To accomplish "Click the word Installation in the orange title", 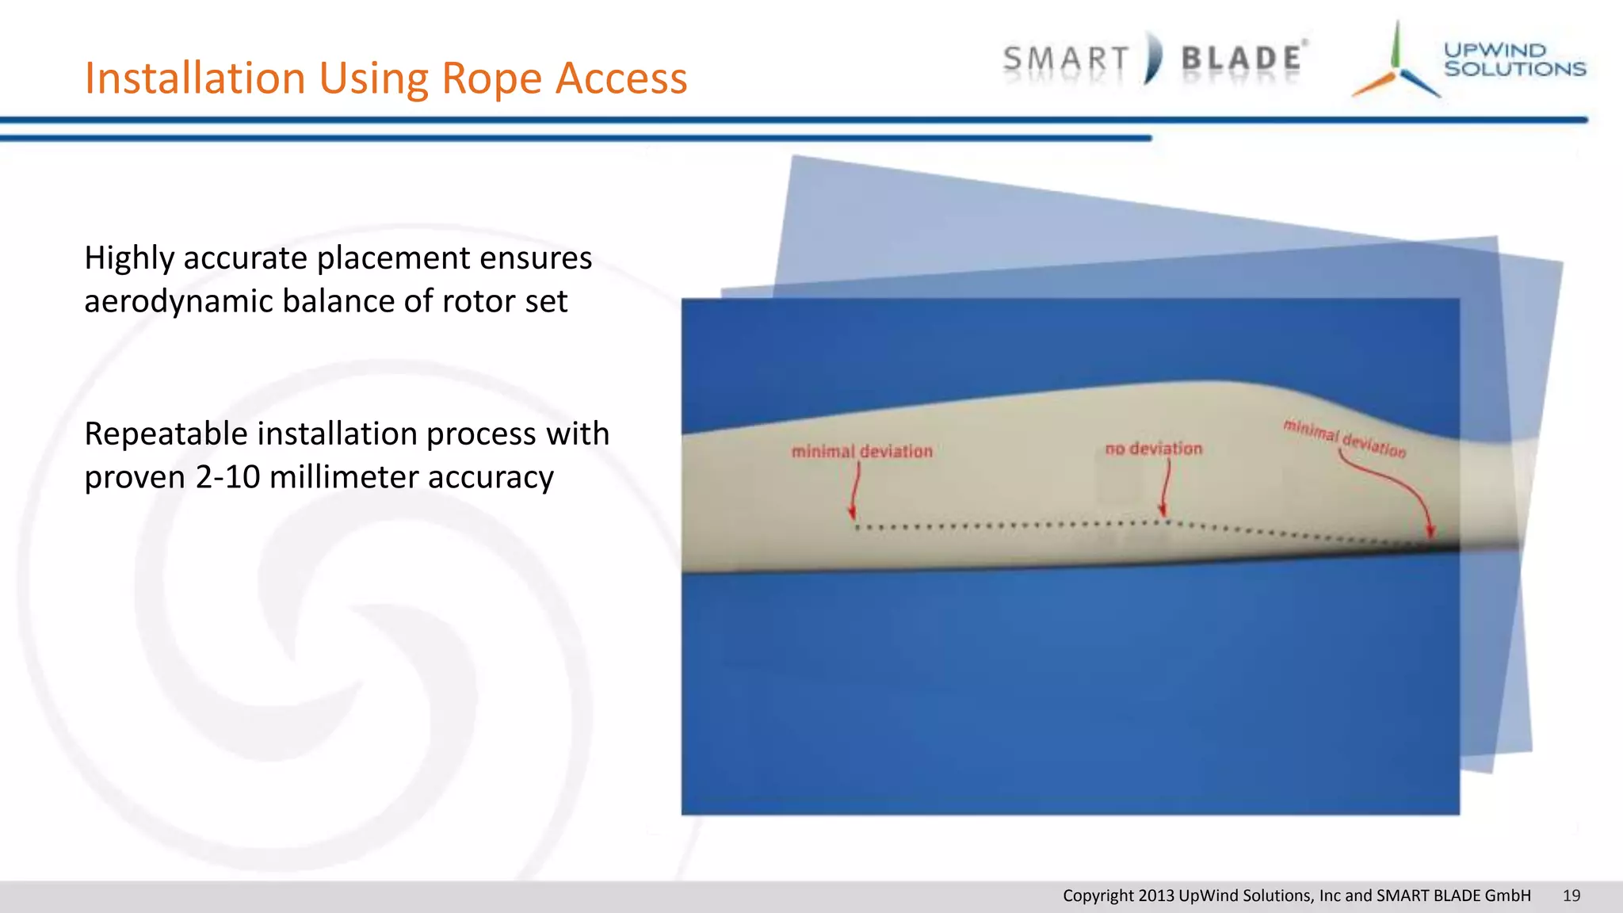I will click(195, 78).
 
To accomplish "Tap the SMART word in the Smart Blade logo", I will click(1066, 60).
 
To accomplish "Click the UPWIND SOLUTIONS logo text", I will click(1514, 59).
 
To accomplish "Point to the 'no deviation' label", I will click(1153, 449).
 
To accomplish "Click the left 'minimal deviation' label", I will click(861, 452).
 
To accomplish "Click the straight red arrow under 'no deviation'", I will click(1166, 488).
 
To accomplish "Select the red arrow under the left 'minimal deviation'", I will click(855, 491).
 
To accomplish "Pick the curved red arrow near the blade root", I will click(1395, 487).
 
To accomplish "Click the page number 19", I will click(1571, 896).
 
